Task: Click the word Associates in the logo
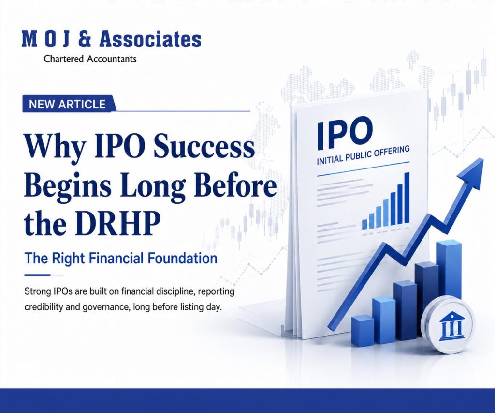[150, 40]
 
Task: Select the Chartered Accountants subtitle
[90, 59]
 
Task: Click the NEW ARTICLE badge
[67, 104]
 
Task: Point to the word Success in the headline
[204, 147]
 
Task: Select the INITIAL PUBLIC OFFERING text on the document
[363, 155]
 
